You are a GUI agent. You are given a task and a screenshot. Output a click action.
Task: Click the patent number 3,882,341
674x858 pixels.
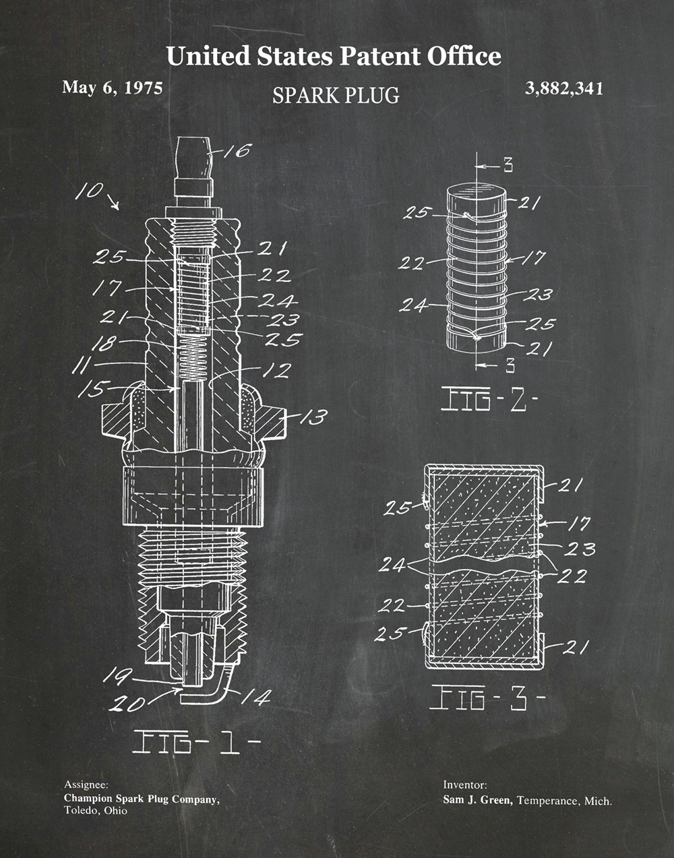(x=564, y=88)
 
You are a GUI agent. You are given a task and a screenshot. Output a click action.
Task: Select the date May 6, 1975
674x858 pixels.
(x=112, y=88)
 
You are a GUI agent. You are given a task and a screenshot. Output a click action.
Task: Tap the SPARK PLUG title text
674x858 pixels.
(x=336, y=95)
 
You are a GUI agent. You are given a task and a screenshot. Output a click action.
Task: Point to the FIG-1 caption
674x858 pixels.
(x=196, y=742)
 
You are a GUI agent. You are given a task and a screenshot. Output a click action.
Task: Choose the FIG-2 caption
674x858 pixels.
(x=489, y=399)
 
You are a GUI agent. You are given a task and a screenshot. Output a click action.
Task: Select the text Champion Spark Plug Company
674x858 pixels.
(x=142, y=799)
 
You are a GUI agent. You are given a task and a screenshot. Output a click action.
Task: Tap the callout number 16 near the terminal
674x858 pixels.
(x=237, y=150)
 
